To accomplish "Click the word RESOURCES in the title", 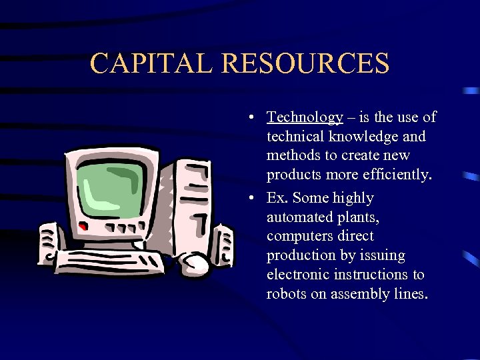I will tap(306, 63).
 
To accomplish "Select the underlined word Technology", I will tap(305, 118).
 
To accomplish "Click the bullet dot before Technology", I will tap(248, 119).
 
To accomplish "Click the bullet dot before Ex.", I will tap(248, 199).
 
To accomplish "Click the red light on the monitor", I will tap(83, 228).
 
